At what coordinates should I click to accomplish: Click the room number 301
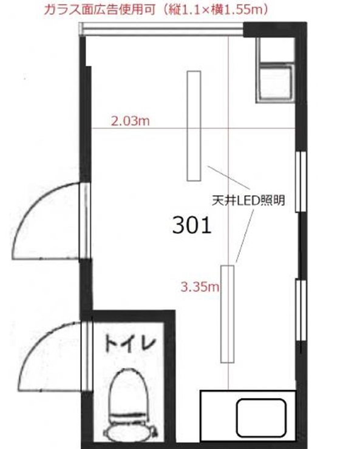coord(192,225)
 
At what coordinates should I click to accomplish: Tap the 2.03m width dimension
coord(130,121)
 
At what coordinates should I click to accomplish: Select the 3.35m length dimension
coord(200,287)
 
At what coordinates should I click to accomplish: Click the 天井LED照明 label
coord(248,200)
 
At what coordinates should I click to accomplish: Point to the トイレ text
coord(130,344)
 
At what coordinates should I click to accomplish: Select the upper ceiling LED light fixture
coord(194,126)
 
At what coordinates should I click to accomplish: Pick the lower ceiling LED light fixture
coord(227,314)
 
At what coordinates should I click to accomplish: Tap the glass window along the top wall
coord(161,29)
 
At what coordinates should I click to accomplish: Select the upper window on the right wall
coord(301,182)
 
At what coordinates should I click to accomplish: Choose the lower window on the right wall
coord(301,309)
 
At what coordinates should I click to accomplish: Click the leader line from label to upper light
coord(229,177)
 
